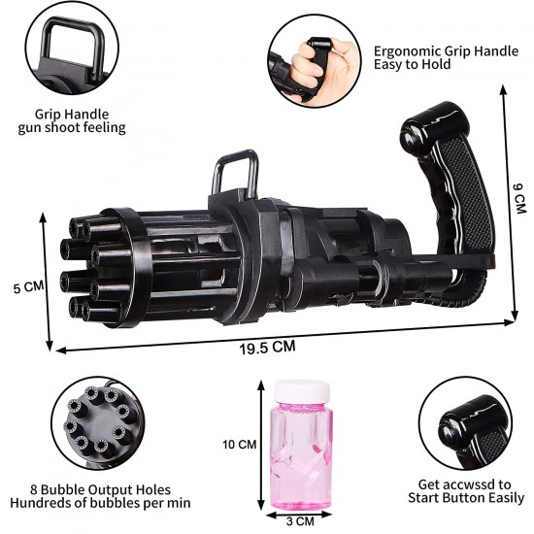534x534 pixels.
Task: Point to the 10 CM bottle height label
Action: pyautogui.click(x=238, y=445)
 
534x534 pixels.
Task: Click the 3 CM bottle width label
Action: pyautogui.click(x=303, y=520)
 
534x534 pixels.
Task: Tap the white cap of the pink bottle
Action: pyautogui.click(x=301, y=389)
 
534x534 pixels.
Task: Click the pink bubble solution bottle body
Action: pyautogui.click(x=301, y=451)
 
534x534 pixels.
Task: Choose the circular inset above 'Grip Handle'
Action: pyautogui.click(x=72, y=54)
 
